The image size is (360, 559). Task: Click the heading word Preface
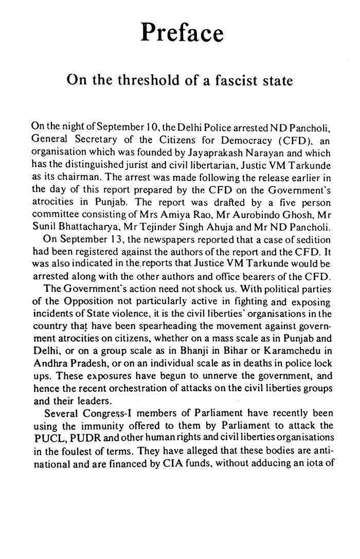click(182, 33)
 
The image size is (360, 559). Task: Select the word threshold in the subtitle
click(144, 81)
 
